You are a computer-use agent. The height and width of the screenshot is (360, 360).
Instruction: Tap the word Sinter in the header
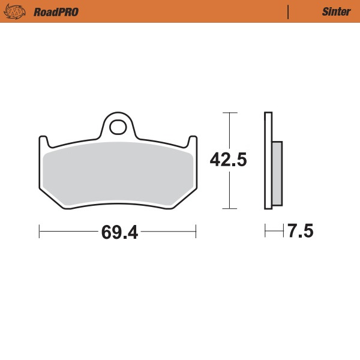tap(332, 11)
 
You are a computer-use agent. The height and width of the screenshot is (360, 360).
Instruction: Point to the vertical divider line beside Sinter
tap(289, 11)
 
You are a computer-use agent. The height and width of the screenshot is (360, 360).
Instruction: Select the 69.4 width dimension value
tap(119, 232)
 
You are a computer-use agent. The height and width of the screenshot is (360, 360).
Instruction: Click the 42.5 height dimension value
tap(229, 160)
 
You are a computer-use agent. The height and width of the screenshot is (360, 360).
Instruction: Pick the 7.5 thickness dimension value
tap(301, 231)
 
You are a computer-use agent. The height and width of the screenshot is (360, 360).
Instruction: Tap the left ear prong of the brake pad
tap(43, 142)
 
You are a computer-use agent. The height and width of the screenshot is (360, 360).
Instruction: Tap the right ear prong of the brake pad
tap(193, 142)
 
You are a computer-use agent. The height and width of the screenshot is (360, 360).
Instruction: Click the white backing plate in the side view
tap(268, 161)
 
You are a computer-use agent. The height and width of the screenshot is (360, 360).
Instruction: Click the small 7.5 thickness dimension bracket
tap(274, 231)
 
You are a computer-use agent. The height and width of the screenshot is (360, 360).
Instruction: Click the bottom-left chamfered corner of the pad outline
tap(52, 199)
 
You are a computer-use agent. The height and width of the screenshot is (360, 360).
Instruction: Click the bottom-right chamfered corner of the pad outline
tap(184, 199)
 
